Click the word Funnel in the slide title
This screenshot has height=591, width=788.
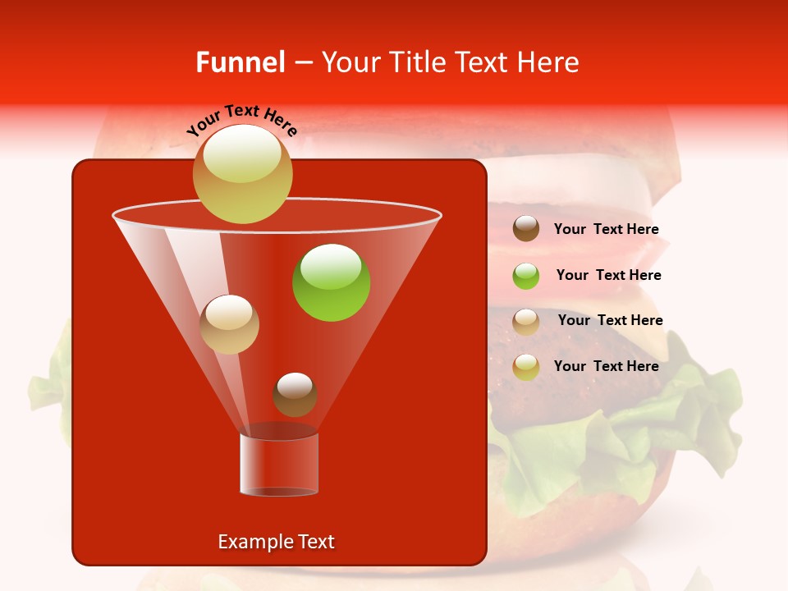coord(241,62)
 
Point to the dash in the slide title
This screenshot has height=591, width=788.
coord(303,62)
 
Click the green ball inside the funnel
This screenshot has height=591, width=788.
coord(331,283)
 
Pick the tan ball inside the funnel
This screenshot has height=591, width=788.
coord(229,324)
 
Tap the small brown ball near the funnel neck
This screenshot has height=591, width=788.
coord(295,395)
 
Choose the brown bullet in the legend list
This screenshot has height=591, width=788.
coord(526,229)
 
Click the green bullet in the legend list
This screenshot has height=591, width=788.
coord(526,276)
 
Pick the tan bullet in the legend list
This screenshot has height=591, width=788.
coord(526,322)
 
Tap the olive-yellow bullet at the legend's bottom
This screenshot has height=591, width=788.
coord(526,367)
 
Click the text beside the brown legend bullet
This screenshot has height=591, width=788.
coord(606,230)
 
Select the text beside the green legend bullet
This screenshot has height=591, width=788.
coord(608,276)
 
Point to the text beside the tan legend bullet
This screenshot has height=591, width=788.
coord(610,321)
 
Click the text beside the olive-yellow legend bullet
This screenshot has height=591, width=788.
coord(606,366)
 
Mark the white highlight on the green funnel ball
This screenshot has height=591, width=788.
coord(331,264)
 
